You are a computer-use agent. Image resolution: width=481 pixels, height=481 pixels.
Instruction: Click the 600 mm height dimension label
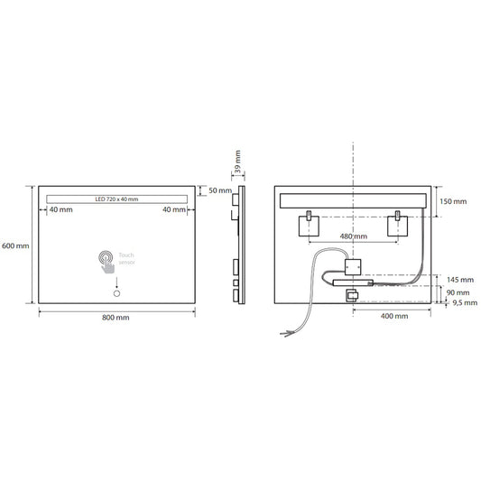coord(16,245)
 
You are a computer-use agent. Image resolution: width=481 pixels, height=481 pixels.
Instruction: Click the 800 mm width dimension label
coord(115,317)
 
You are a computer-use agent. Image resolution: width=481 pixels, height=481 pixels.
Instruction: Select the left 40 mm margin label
coord(61,209)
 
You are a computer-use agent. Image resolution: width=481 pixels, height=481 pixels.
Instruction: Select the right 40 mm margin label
coord(174,209)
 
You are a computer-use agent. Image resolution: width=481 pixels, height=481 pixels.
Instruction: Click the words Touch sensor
coord(126,260)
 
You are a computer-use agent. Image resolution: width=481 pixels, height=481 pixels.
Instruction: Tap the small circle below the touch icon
coord(116,293)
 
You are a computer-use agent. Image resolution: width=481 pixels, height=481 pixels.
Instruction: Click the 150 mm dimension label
coord(454,201)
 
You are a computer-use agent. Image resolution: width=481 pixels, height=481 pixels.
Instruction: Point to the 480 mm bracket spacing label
coord(353,236)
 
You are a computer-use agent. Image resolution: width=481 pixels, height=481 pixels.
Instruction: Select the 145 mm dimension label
coord(458,279)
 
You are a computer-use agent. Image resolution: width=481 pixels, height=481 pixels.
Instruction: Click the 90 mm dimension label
coord(458,292)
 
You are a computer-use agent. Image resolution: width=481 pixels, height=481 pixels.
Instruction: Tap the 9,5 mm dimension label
coord(458,303)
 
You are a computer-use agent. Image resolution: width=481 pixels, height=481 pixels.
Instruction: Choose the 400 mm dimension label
coord(394,317)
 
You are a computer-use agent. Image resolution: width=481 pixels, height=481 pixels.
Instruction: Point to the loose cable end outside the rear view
coord(290,334)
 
